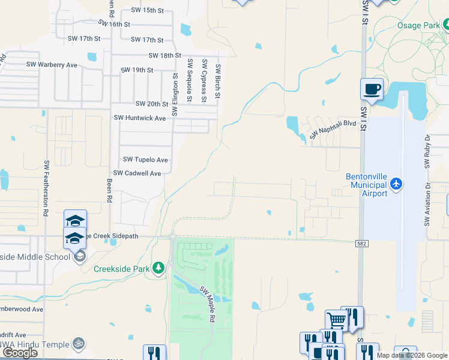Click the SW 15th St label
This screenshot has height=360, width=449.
147,11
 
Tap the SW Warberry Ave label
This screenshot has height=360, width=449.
52,64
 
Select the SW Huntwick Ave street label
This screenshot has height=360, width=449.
140,118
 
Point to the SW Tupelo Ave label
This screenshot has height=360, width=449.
145,160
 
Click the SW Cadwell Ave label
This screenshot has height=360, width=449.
137,173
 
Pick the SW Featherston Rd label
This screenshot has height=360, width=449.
46,188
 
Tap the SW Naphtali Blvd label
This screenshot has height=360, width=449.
333,130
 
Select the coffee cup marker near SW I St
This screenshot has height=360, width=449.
372,89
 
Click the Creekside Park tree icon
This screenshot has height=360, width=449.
158,268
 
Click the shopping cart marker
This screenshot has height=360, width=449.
336,320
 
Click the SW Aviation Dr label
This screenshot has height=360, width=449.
428,205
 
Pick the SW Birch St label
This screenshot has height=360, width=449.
218,82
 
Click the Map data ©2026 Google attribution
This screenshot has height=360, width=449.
411,355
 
